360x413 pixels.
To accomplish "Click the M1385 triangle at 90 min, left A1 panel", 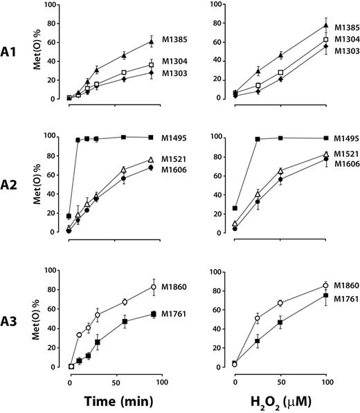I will point(152,42).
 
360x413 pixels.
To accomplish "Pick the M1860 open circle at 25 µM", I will point(258,318).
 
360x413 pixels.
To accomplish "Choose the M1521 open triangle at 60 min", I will point(124,169).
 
